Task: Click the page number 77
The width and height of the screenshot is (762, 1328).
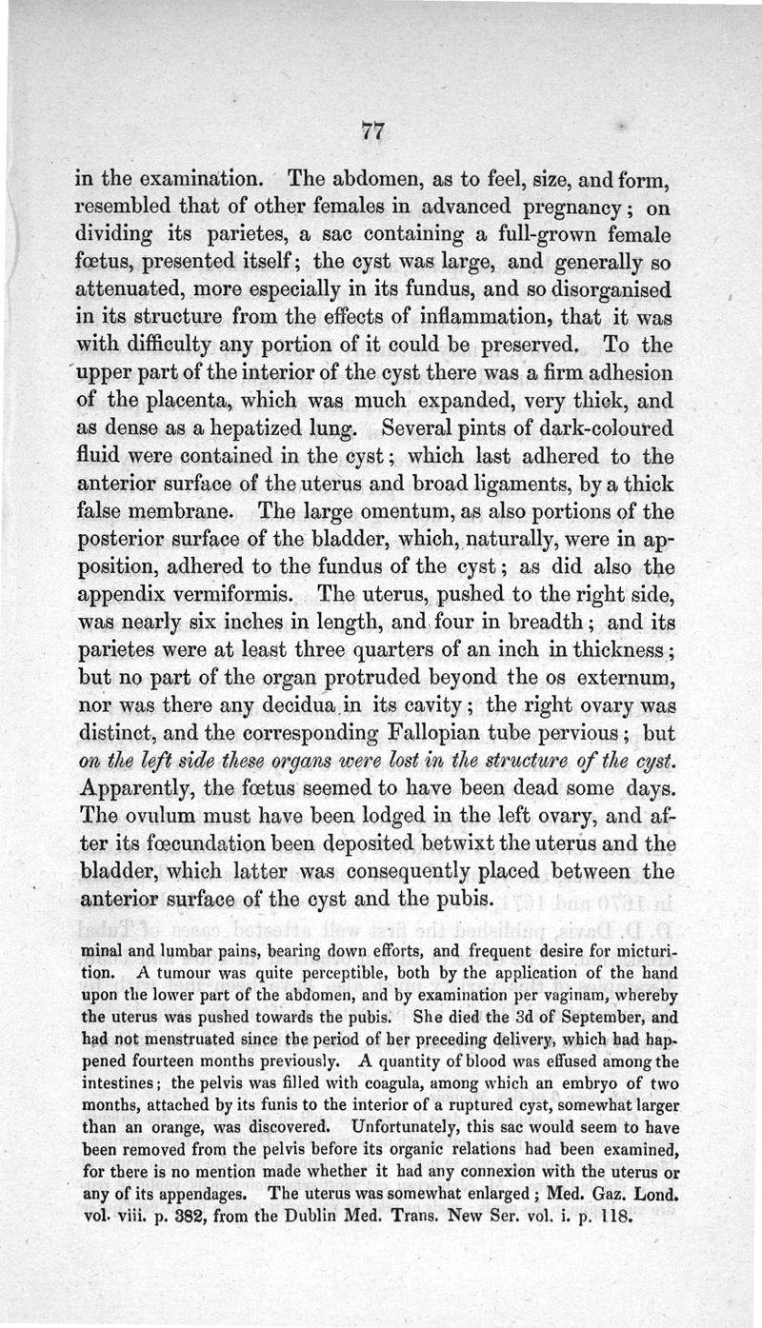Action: point(371,133)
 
